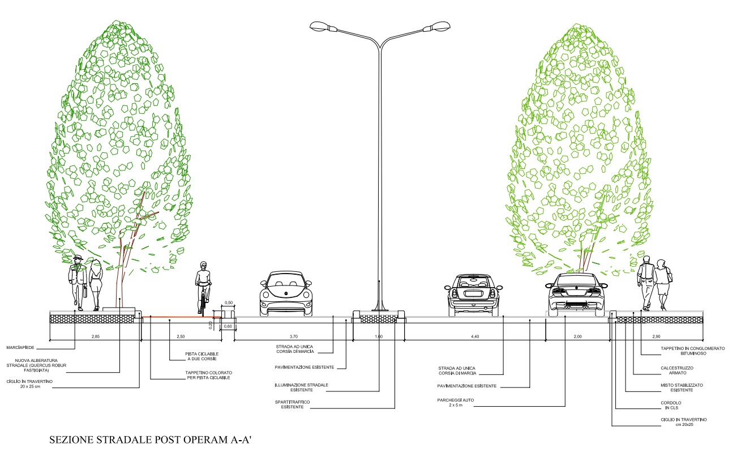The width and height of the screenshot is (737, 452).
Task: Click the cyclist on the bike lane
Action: click(203, 286)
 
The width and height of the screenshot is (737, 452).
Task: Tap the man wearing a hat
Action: click(77, 282)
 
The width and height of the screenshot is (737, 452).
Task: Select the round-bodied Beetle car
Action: click(285, 294)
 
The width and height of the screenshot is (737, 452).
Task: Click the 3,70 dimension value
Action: click(293, 336)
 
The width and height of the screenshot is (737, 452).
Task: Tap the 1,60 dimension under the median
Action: click(379, 336)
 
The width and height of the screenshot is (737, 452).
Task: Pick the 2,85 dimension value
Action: click(95, 336)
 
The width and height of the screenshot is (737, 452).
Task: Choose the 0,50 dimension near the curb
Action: click(229, 303)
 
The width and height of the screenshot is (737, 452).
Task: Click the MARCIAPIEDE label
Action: click(22, 347)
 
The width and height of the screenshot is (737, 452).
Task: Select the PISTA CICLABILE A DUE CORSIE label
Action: click(202, 356)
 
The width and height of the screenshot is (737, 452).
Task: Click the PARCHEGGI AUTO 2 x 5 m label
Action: click(455, 403)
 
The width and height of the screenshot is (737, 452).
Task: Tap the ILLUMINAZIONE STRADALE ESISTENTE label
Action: click(299, 387)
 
